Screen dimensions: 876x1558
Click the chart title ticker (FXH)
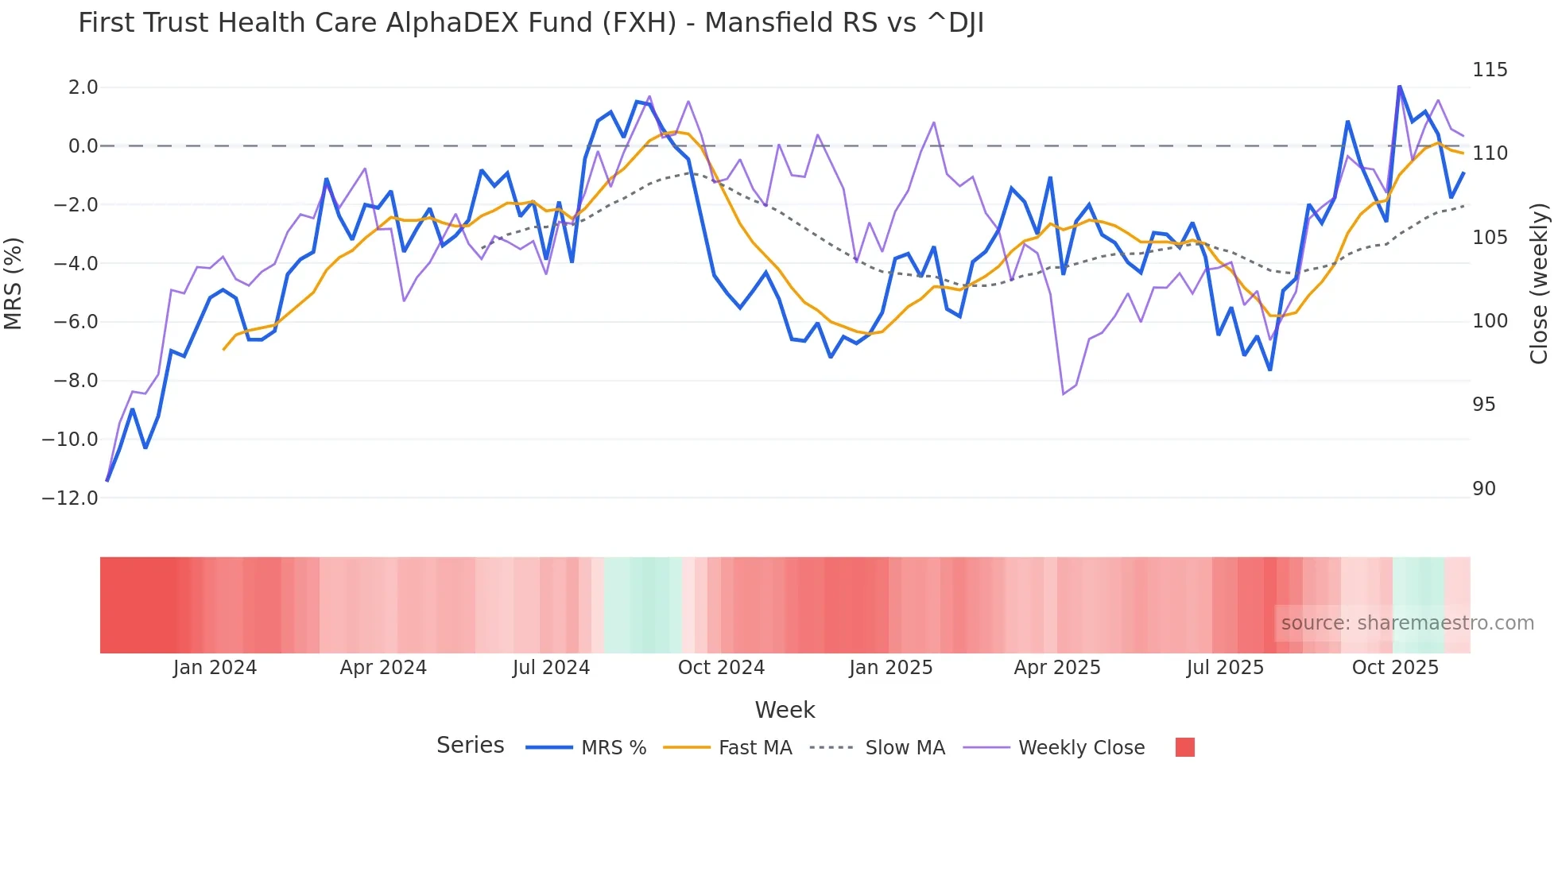(x=638, y=23)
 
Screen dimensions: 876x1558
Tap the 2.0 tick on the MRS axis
(x=83, y=87)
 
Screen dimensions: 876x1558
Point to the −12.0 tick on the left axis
(x=70, y=498)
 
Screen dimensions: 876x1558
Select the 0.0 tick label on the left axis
(x=83, y=146)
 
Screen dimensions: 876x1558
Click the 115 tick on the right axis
(x=1489, y=70)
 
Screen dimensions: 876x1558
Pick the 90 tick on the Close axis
(x=1483, y=489)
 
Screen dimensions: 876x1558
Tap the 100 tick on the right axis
(x=1489, y=321)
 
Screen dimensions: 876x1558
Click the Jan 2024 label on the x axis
(x=215, y=668)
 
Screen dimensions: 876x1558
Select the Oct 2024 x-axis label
(x=721, y=668)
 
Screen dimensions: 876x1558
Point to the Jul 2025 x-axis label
(x=1225, y=668)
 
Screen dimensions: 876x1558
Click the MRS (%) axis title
(x=14, y=284)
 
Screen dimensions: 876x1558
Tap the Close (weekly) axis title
(x=1539, y=284)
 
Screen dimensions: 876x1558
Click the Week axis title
(x=785, y=710)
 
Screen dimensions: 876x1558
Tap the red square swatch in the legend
(x=1184, y=747)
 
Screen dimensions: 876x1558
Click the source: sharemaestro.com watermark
(x=1407, y=623)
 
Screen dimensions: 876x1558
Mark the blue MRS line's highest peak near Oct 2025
(x=1399, y=86)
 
